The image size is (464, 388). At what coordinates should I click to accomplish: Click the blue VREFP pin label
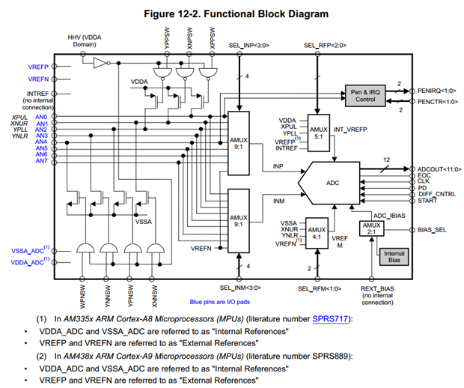click(x=39, y=67)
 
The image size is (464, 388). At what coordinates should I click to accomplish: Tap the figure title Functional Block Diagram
click(x=232, y=13)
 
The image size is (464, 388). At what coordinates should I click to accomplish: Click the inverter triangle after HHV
click(x=100, y=65)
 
